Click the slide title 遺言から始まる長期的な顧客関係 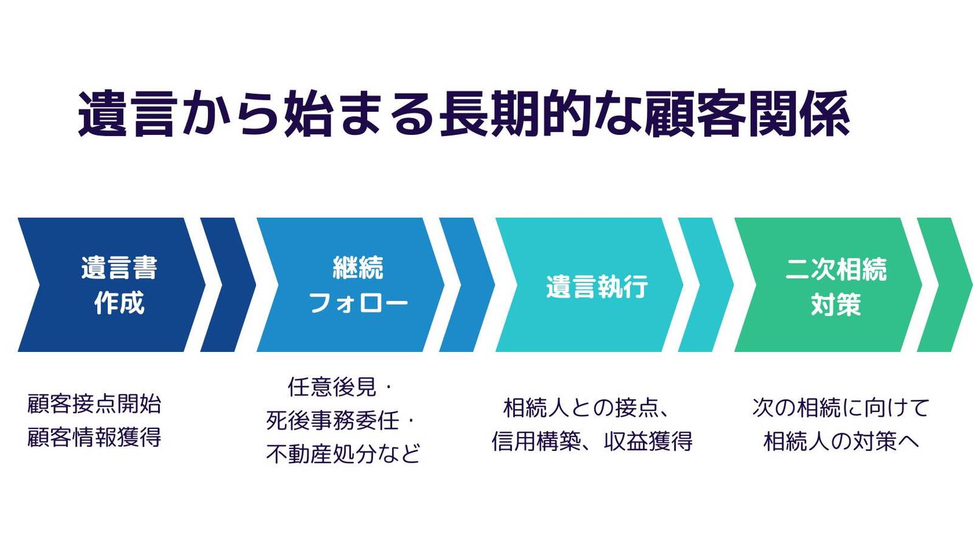click(x=464, y=114)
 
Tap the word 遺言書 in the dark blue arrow click(x=119, y=268)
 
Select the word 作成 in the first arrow click(x=119, y=303)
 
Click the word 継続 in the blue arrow click(x=358, y=268)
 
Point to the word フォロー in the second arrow click(x=358, y=303)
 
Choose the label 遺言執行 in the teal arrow click(x=597, y=286)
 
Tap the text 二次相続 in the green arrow click(x=836, y=269)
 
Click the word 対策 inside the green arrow click(x=836, y=304)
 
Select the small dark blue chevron click(x=228, y=285)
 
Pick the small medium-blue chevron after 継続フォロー click(x=467, y=285)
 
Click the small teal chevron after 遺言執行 click(x=706, y=285)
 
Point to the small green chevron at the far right click(x=945, y=285)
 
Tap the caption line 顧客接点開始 click(x=94, y=404)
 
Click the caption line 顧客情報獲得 click(x=94, y=437)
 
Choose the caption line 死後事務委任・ click(x=341, y=420)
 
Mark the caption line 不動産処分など click(x=343, y=453)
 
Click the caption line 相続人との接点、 click(x=586, y=408)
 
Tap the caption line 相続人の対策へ click(x=842, y=441)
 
